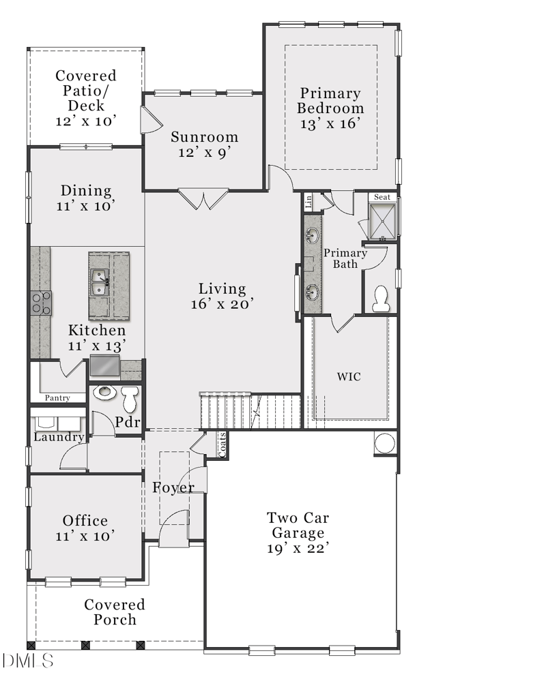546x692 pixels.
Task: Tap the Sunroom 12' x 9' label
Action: click(205, 144)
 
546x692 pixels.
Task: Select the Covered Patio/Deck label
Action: click(86, 98)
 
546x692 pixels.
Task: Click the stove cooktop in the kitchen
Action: click(41, 303)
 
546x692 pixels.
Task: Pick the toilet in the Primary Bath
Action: click(381, 298)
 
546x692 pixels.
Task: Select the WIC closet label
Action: click(349, 376)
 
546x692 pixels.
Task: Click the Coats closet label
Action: click(222, 445)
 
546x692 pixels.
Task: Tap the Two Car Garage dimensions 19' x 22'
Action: click(299, 549)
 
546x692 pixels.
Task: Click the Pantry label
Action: click(58, 397)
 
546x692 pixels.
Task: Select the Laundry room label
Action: click(59, 437)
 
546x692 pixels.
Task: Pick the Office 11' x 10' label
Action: click(85, 528)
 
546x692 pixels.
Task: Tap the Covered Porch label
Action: click(115, 612)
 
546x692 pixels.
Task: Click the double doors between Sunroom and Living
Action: click(203, 199)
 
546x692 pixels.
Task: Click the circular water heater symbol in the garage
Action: click(385, 443)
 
